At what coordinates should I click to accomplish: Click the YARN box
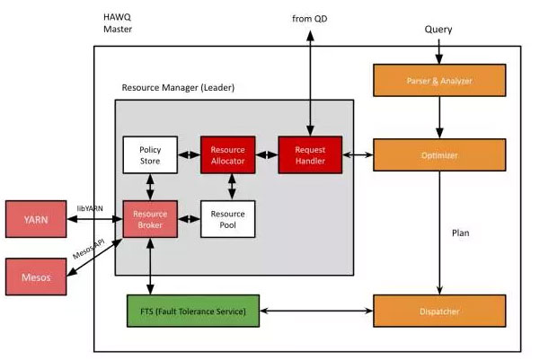(x=35, y=218)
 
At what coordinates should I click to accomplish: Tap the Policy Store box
(x=149, y=155)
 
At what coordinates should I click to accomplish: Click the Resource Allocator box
(x=228, y=154)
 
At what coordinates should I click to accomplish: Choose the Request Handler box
(x=309, y=154)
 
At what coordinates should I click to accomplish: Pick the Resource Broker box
(x=149, y=218)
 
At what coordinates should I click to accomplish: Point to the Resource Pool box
(x=228, y=218)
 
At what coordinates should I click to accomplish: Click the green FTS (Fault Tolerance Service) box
(x=191, y=311)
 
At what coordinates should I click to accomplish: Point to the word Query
(x=438, y=30)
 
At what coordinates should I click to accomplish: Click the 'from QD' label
(x=309, y=18)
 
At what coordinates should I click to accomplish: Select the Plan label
(x=461, y=233)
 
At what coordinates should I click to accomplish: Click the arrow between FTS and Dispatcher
(x=316, y=312)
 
